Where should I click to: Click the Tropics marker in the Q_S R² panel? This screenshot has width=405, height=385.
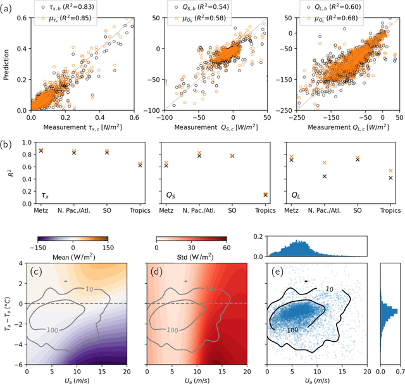click(x=264, y=195)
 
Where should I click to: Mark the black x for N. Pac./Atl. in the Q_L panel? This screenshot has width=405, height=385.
click(x=324, y=176)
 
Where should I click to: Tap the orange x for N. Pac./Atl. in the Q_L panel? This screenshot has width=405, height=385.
click(x=324, y=163)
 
